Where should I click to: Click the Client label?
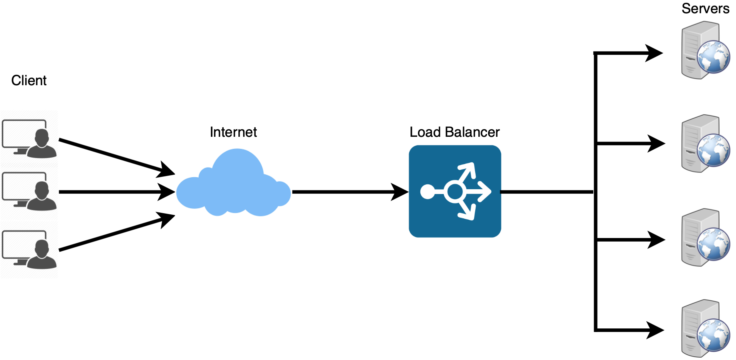(29, 80)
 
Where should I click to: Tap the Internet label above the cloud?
(233, 132)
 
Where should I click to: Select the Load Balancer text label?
(455, 132)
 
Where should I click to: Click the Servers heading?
(706, 8)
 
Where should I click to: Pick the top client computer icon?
(29, 138)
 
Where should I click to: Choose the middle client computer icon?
(29, 191)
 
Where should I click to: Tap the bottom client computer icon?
(29, 249)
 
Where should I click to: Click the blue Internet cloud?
(234, 183)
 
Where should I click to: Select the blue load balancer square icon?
(455, 191)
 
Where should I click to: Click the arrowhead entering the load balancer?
(400, 192)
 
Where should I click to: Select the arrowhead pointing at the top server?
(654, 53)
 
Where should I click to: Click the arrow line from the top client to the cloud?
(117, 157)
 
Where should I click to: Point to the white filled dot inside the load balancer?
(428, 192)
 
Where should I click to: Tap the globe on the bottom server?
(714, 335)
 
